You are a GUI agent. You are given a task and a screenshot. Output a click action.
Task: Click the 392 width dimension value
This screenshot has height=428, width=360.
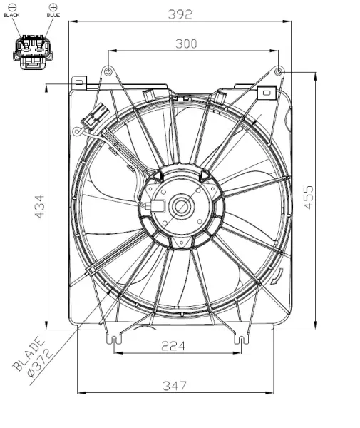[180, 14]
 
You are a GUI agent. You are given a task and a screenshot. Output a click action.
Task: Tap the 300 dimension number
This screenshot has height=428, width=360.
[186, 44]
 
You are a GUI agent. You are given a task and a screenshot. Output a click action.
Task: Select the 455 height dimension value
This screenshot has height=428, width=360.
[309, 198]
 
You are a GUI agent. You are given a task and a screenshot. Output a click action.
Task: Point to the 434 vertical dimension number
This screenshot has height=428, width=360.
[39, 207]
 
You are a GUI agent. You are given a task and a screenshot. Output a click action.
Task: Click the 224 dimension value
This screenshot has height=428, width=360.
[173, 346]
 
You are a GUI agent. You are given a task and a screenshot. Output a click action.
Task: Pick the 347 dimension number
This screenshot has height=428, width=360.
[175, 386]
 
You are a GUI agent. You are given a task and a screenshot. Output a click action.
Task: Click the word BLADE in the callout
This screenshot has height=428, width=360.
[29, 354]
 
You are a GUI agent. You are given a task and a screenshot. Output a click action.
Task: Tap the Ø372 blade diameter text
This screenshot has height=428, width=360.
[41, 363]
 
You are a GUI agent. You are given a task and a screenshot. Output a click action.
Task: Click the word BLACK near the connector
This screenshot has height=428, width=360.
[11, 15]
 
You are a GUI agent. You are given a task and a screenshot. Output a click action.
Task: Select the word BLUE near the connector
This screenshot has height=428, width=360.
[53, 15]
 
